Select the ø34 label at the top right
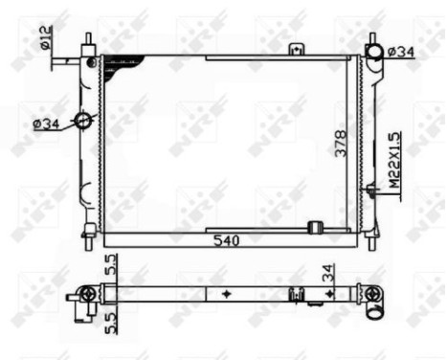pos(401,51)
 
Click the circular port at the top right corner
pos(373,51)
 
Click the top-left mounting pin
pos(89,44)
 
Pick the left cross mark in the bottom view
pos(225,293)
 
